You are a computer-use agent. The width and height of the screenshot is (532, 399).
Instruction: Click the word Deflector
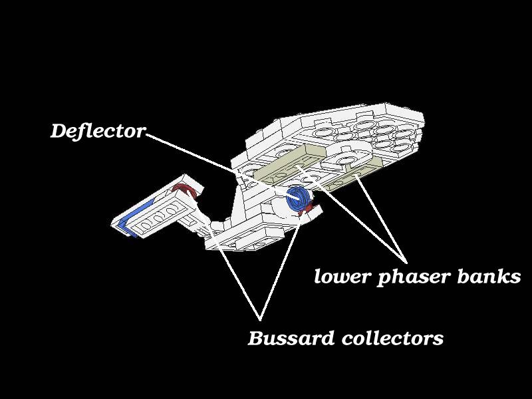click(x=98, y=131)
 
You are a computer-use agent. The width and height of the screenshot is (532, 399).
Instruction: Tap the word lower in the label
click(x=342, y=276)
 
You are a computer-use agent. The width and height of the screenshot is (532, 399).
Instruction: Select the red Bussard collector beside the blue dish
click(x=306, y=209)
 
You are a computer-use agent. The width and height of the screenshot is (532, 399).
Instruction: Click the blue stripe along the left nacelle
click(x=134, y=218)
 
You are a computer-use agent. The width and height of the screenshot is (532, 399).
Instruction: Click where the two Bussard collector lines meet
click(x=260, y=320)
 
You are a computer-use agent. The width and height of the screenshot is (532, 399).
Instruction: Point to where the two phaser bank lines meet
click(x=406, y=262)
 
